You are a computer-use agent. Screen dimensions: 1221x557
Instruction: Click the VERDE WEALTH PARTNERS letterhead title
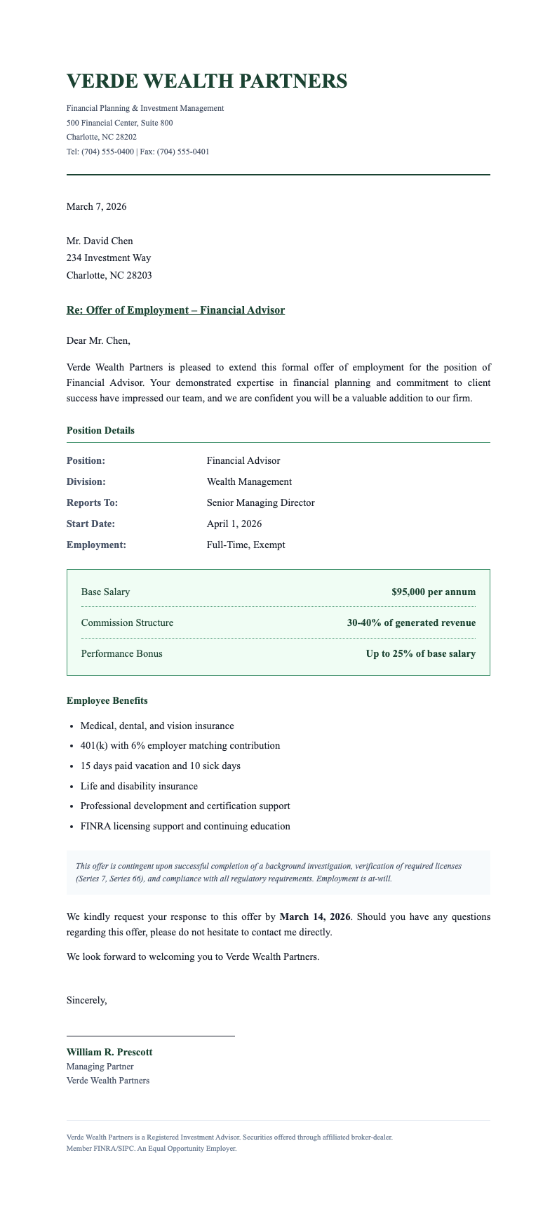pyautogui.click(x=206, y=81)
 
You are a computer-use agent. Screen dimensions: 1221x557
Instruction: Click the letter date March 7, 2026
pyautogui.click(x=96, y=206)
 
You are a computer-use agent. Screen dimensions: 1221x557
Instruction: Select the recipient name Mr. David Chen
pyautogui.click(x=100, y=241)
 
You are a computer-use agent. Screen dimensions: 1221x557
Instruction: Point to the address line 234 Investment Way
pyautogui.click(x=108, y=258)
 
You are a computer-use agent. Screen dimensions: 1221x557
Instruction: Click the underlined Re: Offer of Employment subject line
pyautogui.click(x=175, y=310)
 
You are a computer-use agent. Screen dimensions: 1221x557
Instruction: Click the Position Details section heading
pyautogui.click(x=100, y=430)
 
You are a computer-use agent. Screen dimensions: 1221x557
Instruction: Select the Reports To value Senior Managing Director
pyautogui.click(x=260, y=502)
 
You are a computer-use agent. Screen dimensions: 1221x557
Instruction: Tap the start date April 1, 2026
pyautogui.click(x=234, y=523)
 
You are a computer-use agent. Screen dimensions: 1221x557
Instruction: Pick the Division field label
pyautogui.click(x=86, y=481)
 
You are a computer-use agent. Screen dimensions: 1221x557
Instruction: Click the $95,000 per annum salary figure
pyautogui.click(x=434, y=592)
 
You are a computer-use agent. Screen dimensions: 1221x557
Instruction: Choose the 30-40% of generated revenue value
pyautogui.click(x=411, y=622)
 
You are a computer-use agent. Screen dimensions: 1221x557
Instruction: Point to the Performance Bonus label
pyautogui.click(x=121, y=653)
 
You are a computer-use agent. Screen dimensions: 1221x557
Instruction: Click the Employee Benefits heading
pyautogui.click(x=107, y=700)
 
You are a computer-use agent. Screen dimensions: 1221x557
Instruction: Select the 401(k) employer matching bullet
pyautogui.click(x=180, y=745)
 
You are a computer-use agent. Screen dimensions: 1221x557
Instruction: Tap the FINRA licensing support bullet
pyautogui.click(x=185, y=826)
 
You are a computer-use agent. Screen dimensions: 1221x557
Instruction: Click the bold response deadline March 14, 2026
pyautogui.click(x=315, y=916)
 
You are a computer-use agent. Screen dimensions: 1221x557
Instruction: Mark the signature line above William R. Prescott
pyautogui.click(x=150, y=1036)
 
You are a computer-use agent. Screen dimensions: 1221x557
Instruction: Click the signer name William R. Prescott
pyautogui.click(x=109, y=1052)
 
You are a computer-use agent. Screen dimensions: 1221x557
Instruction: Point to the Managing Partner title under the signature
pyautogui.click(x=100, y=1067)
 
